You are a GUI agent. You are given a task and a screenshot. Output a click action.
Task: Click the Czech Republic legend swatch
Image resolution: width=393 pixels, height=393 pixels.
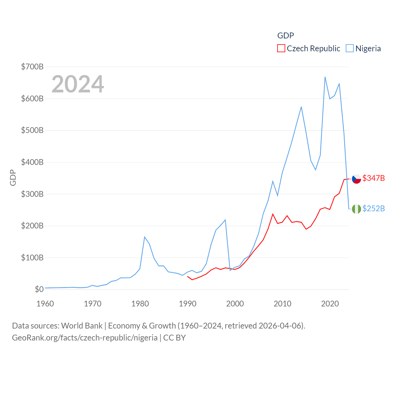281,49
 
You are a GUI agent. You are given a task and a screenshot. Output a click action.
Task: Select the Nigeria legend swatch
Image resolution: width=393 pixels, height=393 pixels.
350,49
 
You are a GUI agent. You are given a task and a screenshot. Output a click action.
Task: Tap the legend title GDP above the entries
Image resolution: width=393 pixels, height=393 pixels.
286,36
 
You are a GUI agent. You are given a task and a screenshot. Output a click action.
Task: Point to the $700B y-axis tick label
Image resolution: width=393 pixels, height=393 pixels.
32,67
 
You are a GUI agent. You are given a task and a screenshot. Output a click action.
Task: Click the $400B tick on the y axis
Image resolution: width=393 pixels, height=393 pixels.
32,162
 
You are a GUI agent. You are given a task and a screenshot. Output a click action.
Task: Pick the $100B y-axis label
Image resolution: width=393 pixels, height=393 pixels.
32,258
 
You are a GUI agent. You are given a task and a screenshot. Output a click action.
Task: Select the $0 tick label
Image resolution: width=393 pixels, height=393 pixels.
39,289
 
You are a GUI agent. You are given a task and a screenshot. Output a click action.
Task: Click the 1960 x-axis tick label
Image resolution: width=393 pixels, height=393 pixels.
45,304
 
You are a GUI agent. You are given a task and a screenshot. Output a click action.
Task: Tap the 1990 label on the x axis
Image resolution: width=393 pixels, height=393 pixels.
188,304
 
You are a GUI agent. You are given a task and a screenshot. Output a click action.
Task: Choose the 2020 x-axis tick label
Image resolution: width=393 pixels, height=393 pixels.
330,304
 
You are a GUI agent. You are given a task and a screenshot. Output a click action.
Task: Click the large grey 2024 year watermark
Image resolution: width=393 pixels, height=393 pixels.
78,84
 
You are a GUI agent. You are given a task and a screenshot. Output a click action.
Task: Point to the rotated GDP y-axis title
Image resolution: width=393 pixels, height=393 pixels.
13,178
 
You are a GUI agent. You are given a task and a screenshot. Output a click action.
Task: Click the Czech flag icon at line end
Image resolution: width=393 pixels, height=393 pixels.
356,179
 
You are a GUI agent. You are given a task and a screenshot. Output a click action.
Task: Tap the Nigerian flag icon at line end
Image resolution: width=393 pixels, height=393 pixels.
356,209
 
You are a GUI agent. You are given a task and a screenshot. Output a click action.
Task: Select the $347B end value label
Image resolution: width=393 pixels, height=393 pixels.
374,178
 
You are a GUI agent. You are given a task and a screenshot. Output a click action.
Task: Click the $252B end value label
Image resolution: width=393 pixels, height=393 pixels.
374,208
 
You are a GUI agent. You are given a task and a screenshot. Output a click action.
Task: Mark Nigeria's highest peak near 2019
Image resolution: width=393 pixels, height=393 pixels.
325,77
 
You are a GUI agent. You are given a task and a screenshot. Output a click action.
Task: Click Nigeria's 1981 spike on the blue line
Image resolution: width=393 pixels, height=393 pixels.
145,237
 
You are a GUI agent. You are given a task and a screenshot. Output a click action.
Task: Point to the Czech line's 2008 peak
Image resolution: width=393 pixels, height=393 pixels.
273,214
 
